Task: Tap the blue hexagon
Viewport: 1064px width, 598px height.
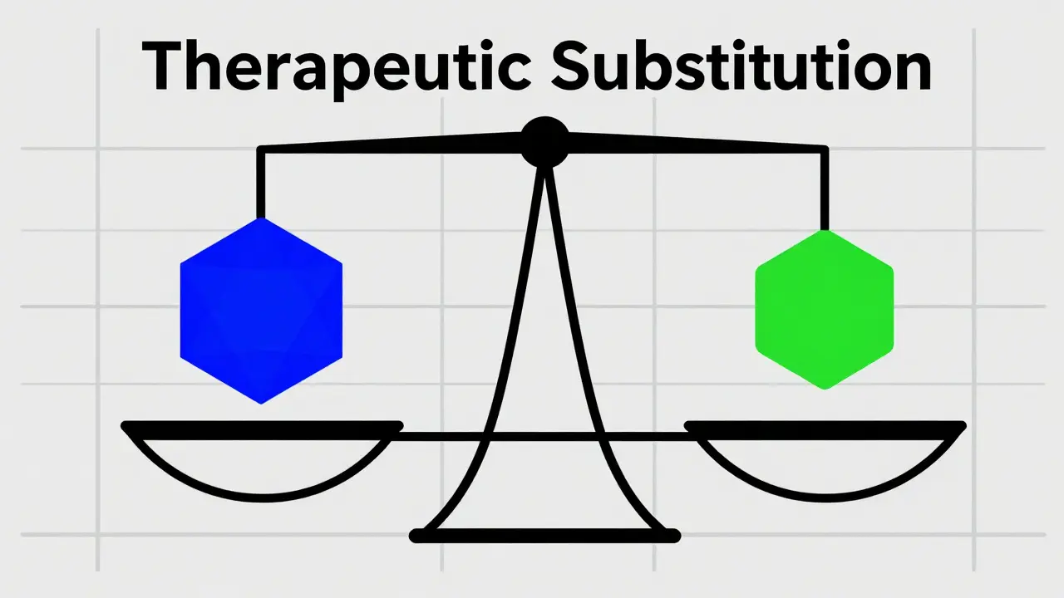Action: [261, 311]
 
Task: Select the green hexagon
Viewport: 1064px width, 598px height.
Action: [824, 309]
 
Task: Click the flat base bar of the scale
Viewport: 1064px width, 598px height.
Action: [545, 537]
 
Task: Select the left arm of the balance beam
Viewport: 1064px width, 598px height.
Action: [391, 148]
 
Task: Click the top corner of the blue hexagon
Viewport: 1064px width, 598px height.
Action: [262, 220]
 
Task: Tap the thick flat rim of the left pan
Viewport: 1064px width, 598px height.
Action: [262, 427]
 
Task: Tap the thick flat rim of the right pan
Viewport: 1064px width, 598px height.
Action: [825, 427]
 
